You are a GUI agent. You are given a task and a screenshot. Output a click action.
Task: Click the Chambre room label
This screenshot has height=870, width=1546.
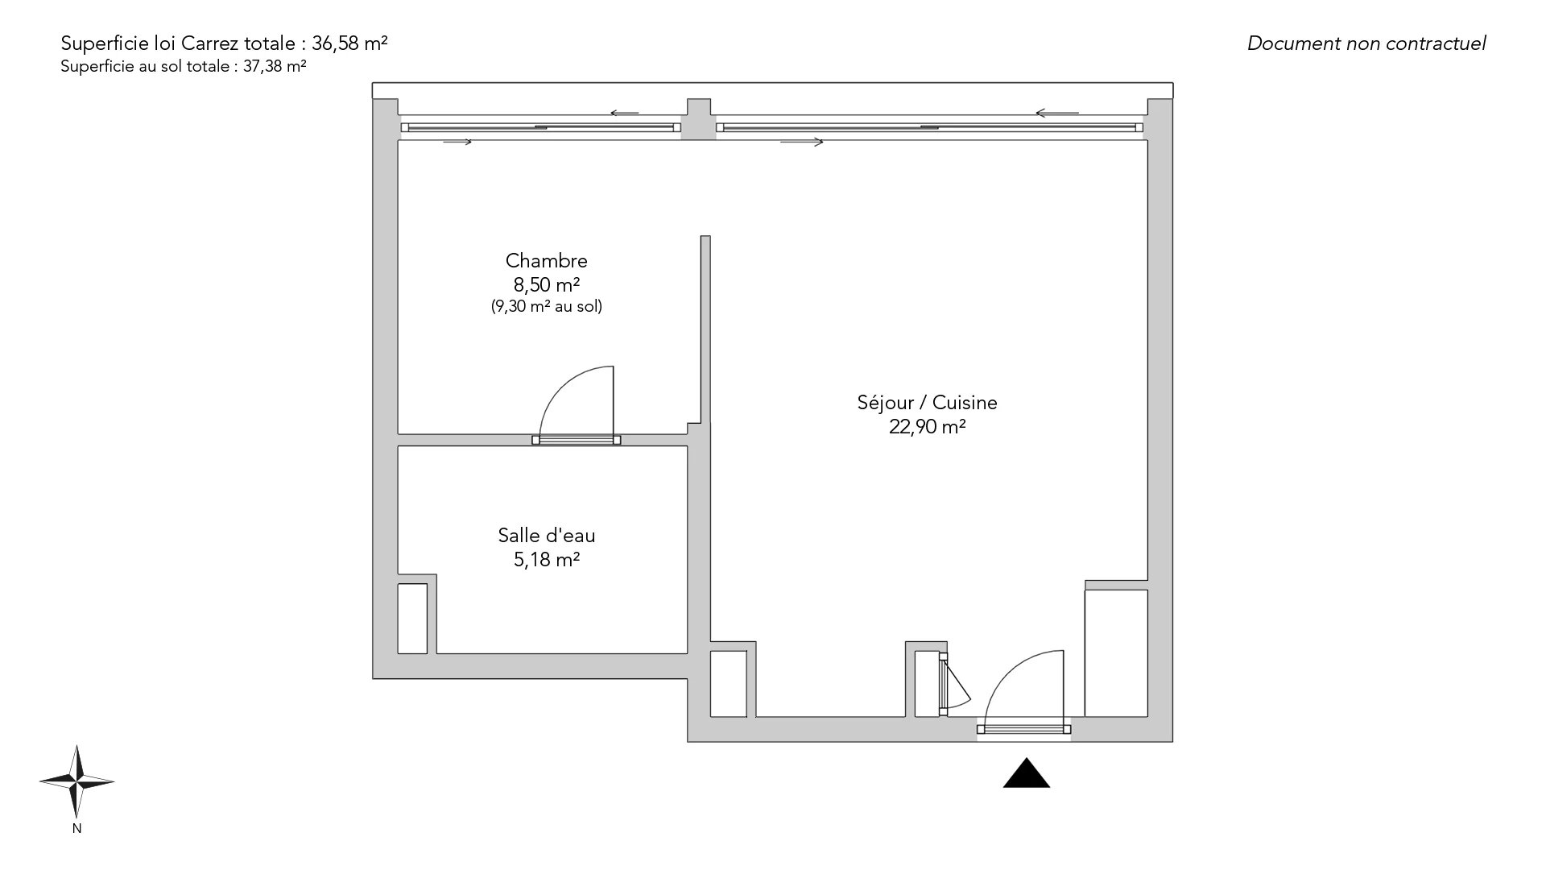pyautogui.click(x=547, y=261)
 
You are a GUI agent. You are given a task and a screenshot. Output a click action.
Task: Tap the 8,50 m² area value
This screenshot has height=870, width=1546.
pyautogui.click(x=547, y=284)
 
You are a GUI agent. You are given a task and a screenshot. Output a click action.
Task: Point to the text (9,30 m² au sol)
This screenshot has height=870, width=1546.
pyautogui.click(x=547, y=306)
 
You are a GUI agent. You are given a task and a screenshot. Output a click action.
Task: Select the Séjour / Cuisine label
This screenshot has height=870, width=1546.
pyautogui.click(x=927, y=403)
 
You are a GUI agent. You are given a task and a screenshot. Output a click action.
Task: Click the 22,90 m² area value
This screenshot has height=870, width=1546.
pyautogui.click(x=927, y=427)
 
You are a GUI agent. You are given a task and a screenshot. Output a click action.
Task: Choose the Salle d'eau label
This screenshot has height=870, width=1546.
pyautogui.click(x=547, y=536)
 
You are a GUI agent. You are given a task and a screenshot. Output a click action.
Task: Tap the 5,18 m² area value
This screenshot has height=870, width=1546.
pyautogui.click(x=547, y=559)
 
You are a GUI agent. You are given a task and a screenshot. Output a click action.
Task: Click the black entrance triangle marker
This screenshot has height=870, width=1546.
pyautogui.click(x=1027, y=773)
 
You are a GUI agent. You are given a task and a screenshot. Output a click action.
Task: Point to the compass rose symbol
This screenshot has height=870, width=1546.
pyautogui.click(x=76, y=781)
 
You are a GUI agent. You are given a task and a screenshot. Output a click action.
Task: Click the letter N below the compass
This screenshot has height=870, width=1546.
pyautogui.click(x=76, y=828)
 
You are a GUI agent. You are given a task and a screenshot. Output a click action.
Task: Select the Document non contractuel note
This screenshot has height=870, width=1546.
pyautogui.click(x=1366, y=43)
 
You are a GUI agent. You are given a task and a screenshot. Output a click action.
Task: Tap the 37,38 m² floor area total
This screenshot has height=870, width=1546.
pyautogui.click(x=275, y=67)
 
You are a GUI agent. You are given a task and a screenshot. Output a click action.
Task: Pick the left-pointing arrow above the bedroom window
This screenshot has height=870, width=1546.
pyautogui.click(x=624, y=113)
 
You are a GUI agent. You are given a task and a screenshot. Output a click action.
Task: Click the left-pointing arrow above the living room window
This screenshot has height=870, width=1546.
pyautogui.click(x=1057, y=113)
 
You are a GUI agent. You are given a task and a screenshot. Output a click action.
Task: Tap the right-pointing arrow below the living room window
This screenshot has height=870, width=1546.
pyautogui.click(x=802, y=143)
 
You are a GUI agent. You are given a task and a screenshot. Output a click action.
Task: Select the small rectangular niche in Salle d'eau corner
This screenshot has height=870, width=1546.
pyautogui.click(x=412, y=619)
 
